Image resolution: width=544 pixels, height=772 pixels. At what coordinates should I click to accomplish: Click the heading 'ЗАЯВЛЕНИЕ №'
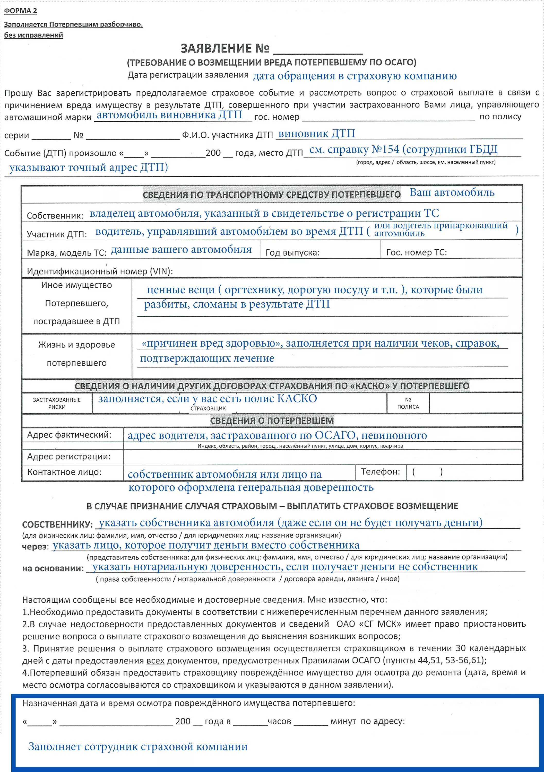pos(225,49)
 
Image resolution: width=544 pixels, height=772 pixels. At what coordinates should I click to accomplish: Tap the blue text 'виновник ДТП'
pos(317,134)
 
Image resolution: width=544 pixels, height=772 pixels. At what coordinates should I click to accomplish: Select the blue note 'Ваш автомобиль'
pos(452,193)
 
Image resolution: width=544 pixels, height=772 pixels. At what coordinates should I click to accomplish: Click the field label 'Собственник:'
pos(55,216)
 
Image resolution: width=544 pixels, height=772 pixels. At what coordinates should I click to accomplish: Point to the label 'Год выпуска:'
pos(292,252)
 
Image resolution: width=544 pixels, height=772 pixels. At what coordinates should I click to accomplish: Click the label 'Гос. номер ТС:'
pos(416,252)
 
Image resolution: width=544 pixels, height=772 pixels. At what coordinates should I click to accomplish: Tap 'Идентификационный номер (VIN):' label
pos(100,271)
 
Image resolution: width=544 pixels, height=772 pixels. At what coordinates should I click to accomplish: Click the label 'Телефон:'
pos(381,472)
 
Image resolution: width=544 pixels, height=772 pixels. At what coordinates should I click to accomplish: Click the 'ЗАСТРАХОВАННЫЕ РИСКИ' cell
pos(57,403)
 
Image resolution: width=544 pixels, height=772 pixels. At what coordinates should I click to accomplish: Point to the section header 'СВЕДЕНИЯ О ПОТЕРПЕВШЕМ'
pos(272,421)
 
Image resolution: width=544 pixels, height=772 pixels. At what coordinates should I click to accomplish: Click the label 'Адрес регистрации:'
pos(69,457)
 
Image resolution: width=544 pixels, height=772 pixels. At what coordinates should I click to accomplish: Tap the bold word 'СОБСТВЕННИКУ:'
pos(57,524)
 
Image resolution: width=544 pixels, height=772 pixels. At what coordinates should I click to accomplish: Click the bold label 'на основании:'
pos(53,568)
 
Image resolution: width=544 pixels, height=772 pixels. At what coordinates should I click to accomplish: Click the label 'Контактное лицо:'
pos(64,472)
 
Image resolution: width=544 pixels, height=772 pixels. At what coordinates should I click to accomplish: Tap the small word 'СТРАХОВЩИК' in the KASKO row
pos(208,409)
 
